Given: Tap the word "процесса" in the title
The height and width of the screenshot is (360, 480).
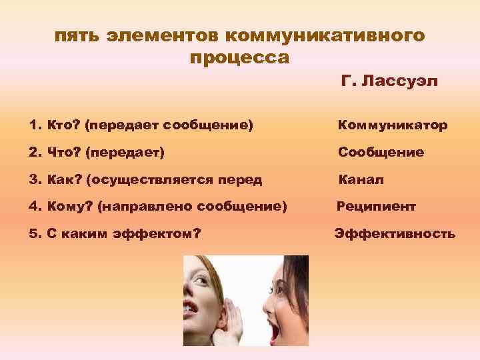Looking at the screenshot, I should coord(239,58).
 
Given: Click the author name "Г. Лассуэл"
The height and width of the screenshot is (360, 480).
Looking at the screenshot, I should coord(389,82).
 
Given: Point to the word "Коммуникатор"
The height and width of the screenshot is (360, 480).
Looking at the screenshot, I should coord(393,125).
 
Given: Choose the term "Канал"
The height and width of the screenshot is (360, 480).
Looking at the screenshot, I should coord(361,180).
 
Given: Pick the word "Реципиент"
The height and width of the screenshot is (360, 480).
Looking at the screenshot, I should coord(376,207).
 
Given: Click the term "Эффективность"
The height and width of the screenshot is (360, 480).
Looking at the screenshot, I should coord(395,234).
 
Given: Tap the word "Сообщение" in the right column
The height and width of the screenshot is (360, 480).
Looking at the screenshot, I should coord(381,153).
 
